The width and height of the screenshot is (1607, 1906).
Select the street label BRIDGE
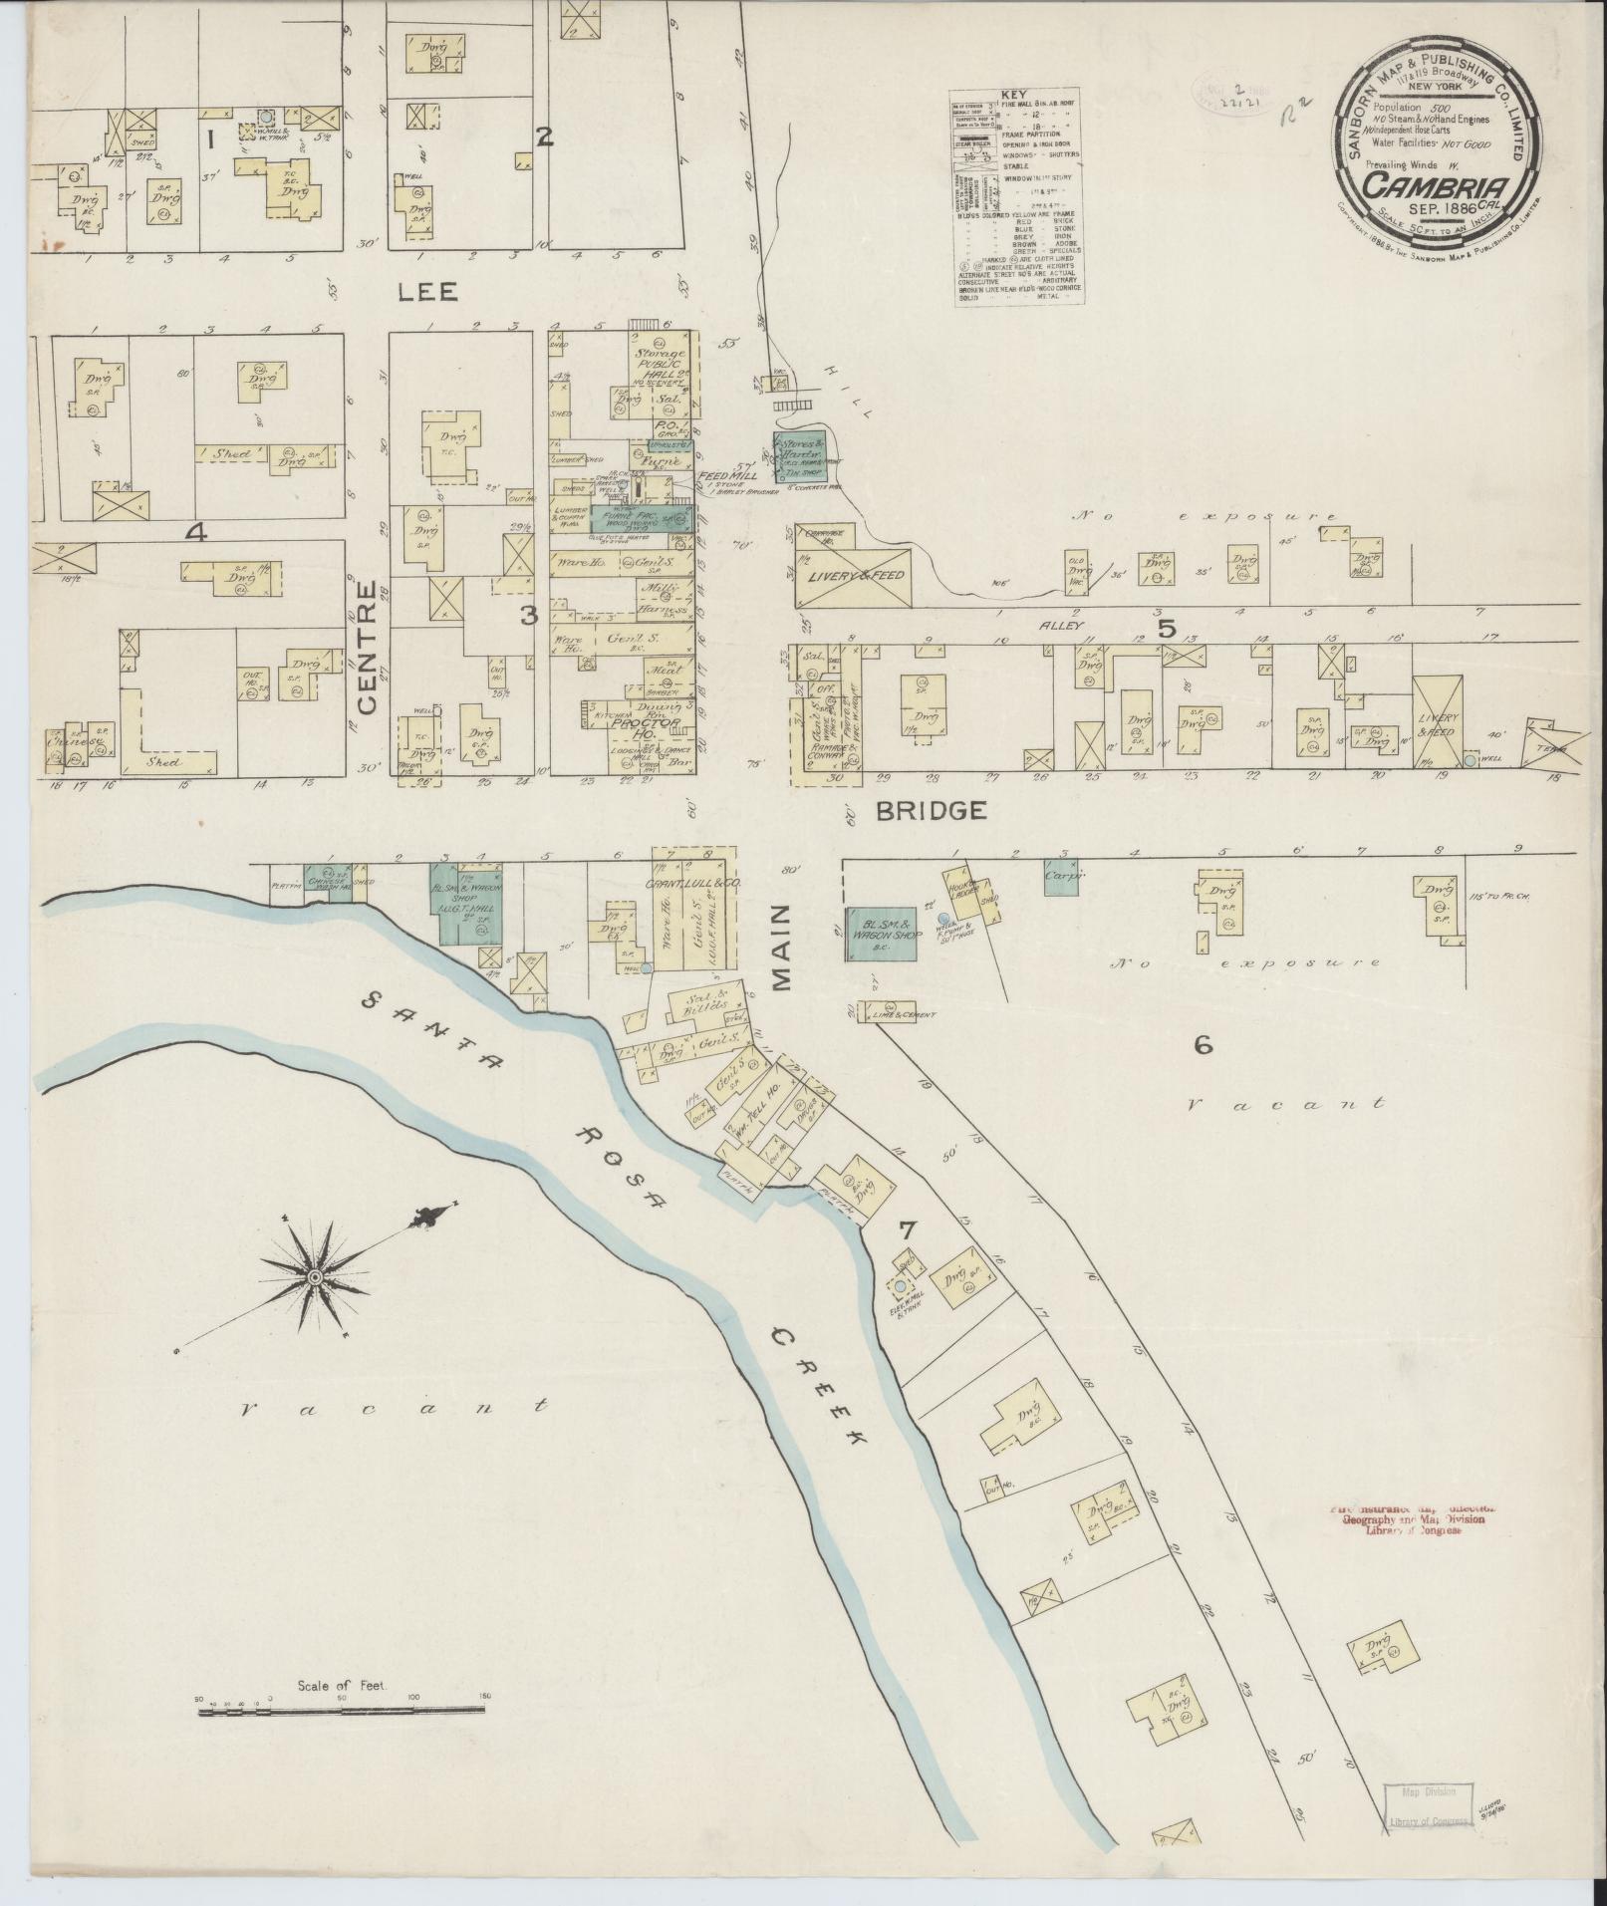pos(932,811)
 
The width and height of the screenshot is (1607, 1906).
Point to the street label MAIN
pos(780,948)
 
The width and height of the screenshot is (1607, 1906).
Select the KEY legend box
pos(1017,199)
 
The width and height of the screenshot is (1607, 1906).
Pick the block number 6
pos(1203,1045)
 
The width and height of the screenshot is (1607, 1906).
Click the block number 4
pos(196,533)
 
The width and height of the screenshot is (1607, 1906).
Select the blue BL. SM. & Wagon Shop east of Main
pos(882,934)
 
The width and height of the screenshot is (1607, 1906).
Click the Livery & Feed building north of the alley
pos(853,577)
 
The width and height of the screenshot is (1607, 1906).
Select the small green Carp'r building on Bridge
pos(1062,877)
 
